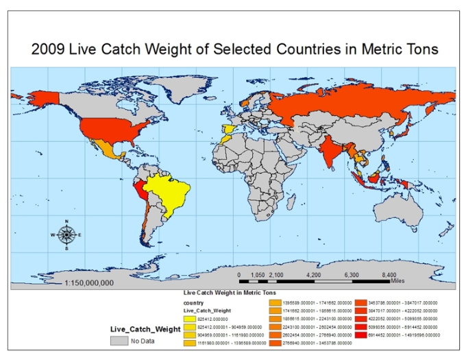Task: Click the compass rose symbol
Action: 66,235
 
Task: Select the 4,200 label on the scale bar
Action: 313,274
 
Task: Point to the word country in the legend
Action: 193,302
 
